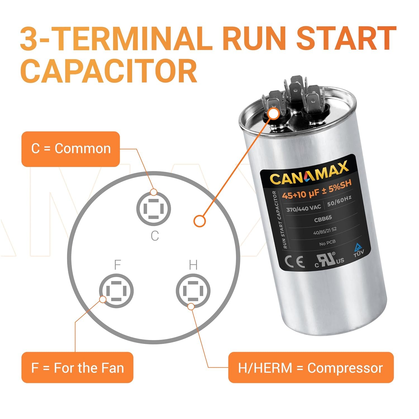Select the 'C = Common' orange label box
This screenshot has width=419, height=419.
[71, 149]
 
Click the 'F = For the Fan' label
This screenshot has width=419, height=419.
[77, 367]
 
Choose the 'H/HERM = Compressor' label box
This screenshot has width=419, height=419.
[311, 367]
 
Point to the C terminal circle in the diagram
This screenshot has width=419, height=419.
[153, 209]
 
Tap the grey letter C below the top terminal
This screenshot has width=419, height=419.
[155, 236]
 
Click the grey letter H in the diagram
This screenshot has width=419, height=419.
[193, 265]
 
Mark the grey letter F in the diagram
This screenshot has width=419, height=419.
[117, 265]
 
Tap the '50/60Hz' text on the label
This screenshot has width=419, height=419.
[339, 201]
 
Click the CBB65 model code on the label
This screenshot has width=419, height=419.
[323, 219]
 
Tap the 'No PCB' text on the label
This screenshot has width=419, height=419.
[327, 243]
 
